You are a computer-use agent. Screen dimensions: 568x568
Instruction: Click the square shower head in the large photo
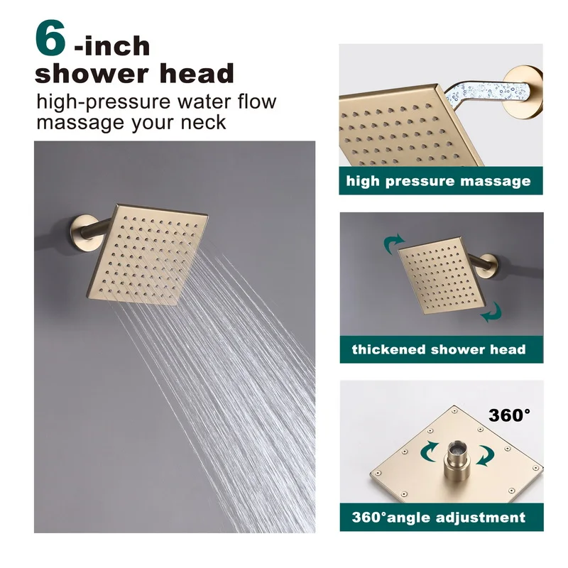[153, 252]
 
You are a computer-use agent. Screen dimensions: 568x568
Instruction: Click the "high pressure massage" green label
[438, 181]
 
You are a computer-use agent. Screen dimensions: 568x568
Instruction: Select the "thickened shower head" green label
[439, 349]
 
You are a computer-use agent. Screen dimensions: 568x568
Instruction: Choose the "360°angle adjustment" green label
[439, 517]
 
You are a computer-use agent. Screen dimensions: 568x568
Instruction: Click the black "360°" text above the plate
[509, 415]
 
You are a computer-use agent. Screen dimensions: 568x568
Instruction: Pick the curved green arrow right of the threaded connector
[484, 454]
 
